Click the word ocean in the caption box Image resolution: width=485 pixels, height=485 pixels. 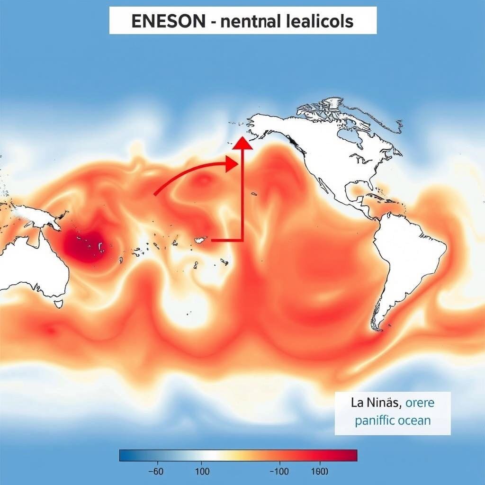414,420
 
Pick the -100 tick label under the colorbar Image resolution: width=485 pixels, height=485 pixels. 279,472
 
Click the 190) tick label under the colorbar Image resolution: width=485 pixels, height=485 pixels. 319,472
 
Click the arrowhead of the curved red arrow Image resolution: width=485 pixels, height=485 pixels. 231,164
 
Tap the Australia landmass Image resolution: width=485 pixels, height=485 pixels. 33,270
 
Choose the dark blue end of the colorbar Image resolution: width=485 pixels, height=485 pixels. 124,455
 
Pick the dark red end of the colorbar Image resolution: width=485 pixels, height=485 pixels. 353,455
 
